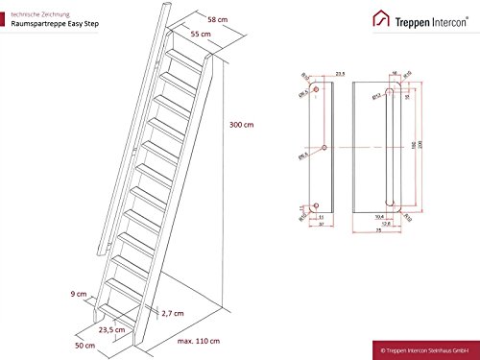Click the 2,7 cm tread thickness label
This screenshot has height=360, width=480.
click(x=174, y=313)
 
